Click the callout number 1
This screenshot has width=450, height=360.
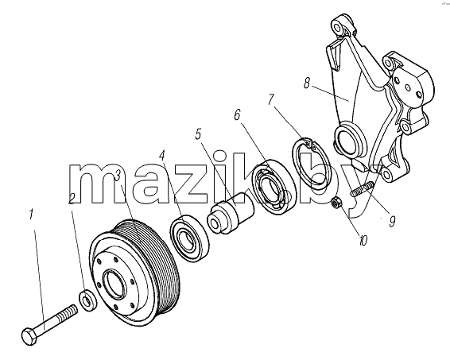coord(32,215)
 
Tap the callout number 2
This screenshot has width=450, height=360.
coord(72,199)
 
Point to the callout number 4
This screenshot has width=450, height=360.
coord(162,156)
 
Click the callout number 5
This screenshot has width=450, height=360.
coord(198,134)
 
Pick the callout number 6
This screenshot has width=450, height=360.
coord(237,115)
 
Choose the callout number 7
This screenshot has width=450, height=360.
coord(271,99)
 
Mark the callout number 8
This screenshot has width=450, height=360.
coord(307,83)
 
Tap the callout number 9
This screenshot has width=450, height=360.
coord(392,221)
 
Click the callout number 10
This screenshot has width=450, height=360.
coord(363,241)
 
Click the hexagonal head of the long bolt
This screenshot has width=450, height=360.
coord(30,337)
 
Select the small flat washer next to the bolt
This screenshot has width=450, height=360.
coord(86,300)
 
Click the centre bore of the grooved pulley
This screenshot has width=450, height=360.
coord(114,284)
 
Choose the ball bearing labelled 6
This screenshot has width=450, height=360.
coord(273,186)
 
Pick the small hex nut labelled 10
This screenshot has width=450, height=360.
coord(336,203)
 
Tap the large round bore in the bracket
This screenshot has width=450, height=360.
coord(348,140)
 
